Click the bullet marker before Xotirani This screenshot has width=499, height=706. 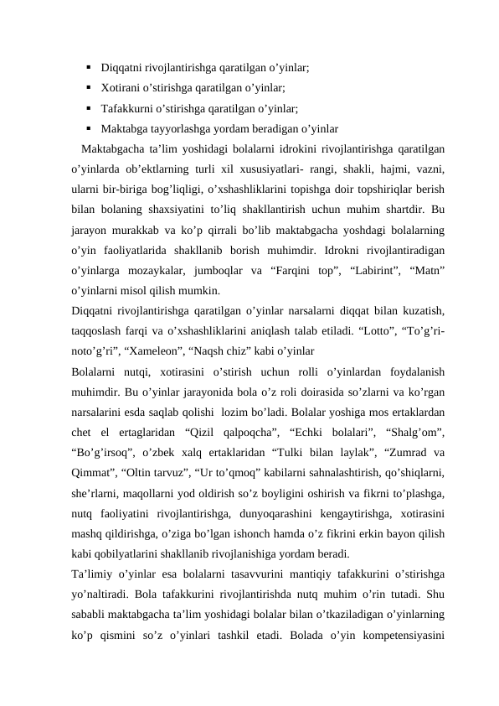[x=88, y=87]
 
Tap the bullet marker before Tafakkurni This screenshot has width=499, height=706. [x=88, y=108]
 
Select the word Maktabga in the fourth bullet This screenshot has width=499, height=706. [x=123, y=129]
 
